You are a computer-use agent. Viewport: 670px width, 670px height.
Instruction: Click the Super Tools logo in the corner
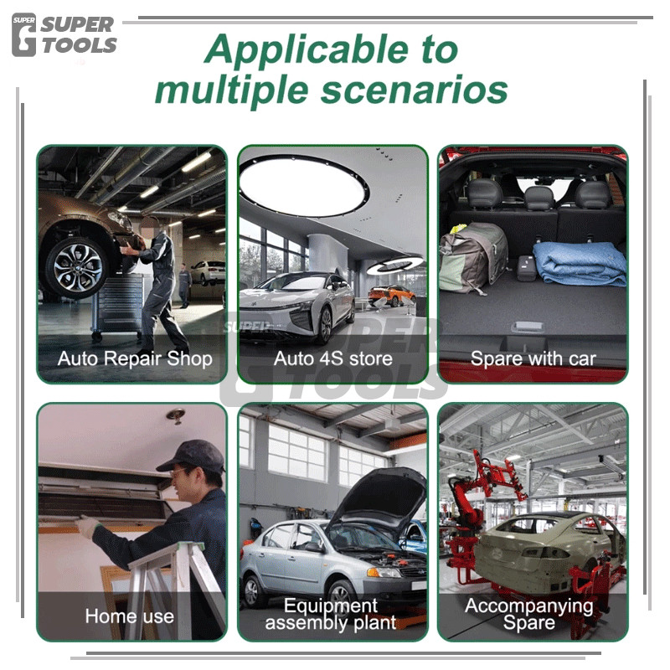coord(64,35)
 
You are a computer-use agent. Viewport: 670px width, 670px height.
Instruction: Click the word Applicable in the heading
coord(306,50)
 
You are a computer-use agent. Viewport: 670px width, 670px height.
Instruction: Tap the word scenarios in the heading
coord(414,90)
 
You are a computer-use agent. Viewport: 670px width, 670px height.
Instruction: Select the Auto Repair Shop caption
coord(135,358)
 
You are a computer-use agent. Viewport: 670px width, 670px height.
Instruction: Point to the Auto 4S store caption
coord(332,358)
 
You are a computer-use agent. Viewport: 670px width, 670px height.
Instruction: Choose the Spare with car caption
coord(533,358)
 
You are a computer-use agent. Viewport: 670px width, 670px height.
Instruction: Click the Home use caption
coord(130,616)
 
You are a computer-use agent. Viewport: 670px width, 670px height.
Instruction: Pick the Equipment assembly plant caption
coord(331,614)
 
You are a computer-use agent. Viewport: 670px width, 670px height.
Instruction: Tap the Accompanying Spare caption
coord(529,614)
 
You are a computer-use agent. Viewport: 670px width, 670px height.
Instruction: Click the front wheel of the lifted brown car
coord(77,268)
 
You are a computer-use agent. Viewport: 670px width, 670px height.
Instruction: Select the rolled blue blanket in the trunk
coord(579,263)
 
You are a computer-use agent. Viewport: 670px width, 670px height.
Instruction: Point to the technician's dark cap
coord(192,456)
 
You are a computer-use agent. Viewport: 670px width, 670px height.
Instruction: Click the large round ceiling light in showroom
coord(303,185)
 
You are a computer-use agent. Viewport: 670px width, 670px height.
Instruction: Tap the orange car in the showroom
coord(391,295)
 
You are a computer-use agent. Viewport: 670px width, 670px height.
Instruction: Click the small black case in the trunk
coord(527,268)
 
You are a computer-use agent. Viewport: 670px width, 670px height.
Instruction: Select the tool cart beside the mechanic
coord(117,306)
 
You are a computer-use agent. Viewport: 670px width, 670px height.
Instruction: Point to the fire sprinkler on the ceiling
coord(176,415)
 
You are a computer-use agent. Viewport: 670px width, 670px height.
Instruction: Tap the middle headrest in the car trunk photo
coord(539,198)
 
